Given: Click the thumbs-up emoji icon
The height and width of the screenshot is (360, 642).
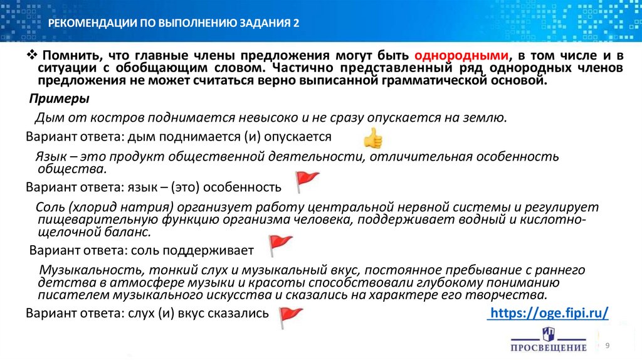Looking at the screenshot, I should tap(372, 137).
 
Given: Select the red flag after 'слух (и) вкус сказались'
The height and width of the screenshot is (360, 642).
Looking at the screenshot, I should tap(290, 316).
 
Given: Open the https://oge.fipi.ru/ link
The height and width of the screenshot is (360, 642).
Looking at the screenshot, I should tap(549, 313).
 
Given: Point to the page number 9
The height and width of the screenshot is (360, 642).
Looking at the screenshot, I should tap(607, 346).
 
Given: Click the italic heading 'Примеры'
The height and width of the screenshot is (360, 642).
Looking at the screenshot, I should tap(60, 100).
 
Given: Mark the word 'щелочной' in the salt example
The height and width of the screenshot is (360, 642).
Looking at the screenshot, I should tap(61, 232).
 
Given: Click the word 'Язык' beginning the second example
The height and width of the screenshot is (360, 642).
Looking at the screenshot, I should tap(49, 156).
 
